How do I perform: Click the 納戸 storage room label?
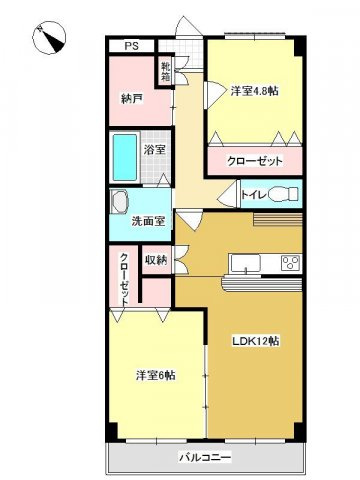(x=130, y=98)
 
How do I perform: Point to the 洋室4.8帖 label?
(x=249, y=91)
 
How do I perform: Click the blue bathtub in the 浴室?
(x=125, y=156)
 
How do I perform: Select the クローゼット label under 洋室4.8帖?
(x=256, y=161)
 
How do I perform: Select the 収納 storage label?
(x=156, y=260)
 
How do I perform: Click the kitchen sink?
(x=244, y=264)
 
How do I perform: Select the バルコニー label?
(x=205, y=458)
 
